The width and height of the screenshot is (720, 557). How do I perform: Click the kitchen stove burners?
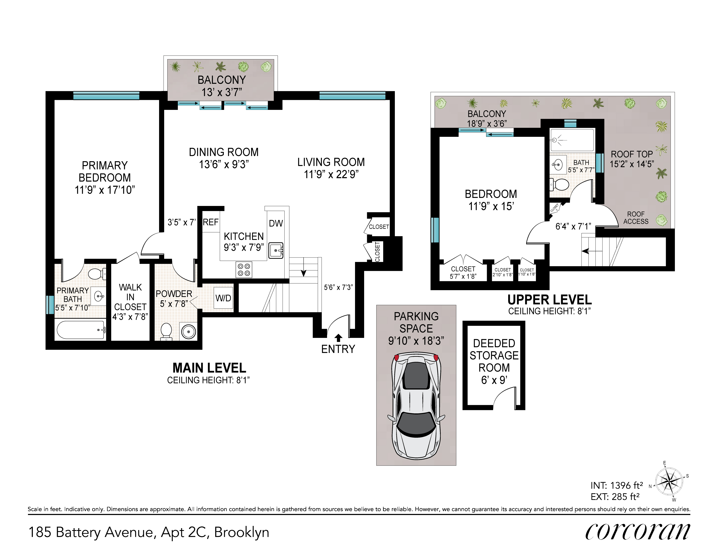[x=244, y=269]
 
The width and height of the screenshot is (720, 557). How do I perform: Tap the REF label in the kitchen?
[x=211, y=222]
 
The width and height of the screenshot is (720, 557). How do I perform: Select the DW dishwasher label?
[x=276, y=224]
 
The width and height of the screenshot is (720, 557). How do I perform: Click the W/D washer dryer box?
[x=223, y=298]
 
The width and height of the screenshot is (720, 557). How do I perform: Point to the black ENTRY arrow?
[x=338, y=337]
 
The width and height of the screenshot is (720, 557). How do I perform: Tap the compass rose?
[x=669, y=482]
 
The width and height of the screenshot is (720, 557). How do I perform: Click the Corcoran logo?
[x=637, y=532]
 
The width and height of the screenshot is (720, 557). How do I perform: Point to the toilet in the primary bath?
[x=97, y=273]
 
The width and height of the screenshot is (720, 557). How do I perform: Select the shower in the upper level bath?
[x=572, y=140]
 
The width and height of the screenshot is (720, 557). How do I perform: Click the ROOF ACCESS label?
[x=636, y=218]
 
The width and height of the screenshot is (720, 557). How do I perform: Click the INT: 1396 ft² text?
[x=616, y=485]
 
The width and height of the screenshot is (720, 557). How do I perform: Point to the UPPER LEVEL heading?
[x=549, y=300]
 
